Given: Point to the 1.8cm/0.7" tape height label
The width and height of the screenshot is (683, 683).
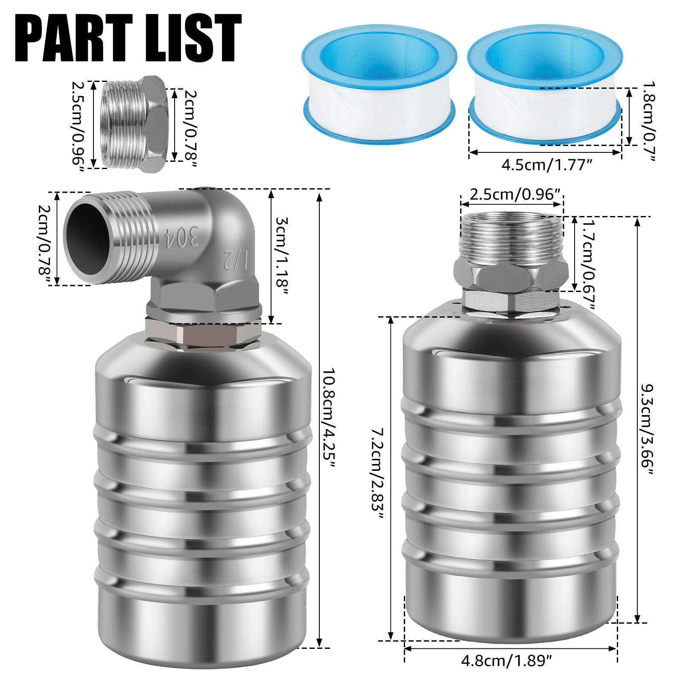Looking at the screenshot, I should (648, 122).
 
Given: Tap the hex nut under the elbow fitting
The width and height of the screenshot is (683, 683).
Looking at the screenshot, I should (203, 337).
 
